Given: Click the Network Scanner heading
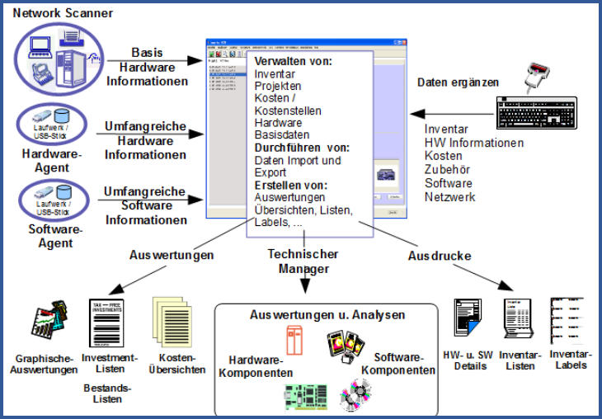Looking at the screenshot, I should click(x=63, y=13).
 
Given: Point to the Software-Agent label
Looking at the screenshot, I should click(x=50, y=238).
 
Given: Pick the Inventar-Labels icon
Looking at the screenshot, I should click(x=568, y=324).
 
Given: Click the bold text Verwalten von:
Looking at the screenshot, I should click(x=293, y=62).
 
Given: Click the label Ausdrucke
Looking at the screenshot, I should click(x=440, y=256).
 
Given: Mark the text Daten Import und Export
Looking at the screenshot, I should click(x=298, y=167).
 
